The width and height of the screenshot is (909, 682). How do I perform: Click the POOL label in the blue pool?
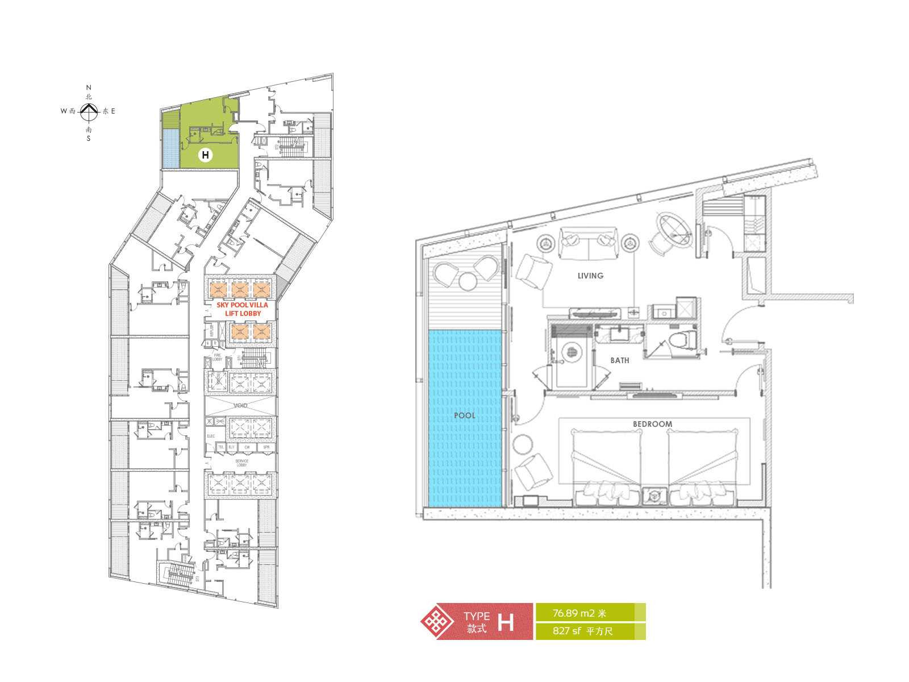tap(465, 415)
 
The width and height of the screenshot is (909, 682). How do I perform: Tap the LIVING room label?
tap(590, 276)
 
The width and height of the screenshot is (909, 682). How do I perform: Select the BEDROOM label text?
tap(652, 424)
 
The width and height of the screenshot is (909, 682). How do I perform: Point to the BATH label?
tap(619, 360)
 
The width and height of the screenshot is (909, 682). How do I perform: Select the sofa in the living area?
tap(588, 243)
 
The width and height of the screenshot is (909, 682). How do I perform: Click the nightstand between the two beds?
tap(654, 496)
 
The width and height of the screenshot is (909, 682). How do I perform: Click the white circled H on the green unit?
tap(205, 155)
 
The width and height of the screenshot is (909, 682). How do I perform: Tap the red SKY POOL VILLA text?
tap(242, 305)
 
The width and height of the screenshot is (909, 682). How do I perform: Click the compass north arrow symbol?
tap(88, 112)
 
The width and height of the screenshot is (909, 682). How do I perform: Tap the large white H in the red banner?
tap(505, 622)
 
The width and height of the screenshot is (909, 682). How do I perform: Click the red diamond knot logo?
tap(437, 622)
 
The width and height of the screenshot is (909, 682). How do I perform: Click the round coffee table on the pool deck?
tap(467, 282)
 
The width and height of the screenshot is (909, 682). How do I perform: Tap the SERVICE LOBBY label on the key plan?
tap(241, 463)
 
